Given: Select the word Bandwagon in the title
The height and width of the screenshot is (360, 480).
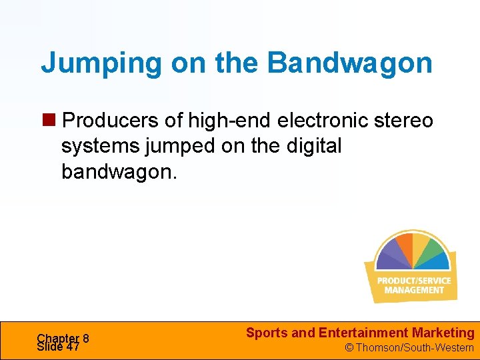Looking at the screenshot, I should point(350,63).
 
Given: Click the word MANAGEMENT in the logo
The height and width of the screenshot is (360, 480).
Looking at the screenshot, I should point(414,290).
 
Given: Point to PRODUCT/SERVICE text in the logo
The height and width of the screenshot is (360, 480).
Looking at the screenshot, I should point(413,281).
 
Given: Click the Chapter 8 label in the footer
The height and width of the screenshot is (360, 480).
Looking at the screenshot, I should point(63,338).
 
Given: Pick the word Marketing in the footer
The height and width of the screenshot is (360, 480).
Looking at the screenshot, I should point(443,333).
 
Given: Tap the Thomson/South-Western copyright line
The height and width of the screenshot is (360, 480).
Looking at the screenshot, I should point(409,347).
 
